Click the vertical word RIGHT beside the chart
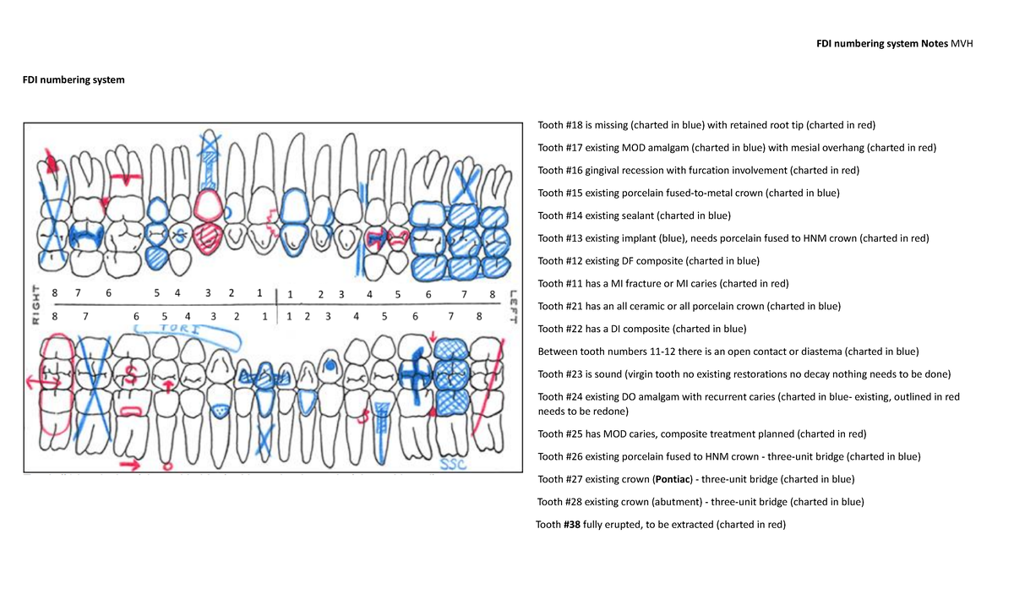coord(35,303)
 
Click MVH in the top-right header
coord(962,44)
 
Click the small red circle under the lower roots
coord(166,466)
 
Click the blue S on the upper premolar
coord(179,233)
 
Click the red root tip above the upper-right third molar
coord(52,161)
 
